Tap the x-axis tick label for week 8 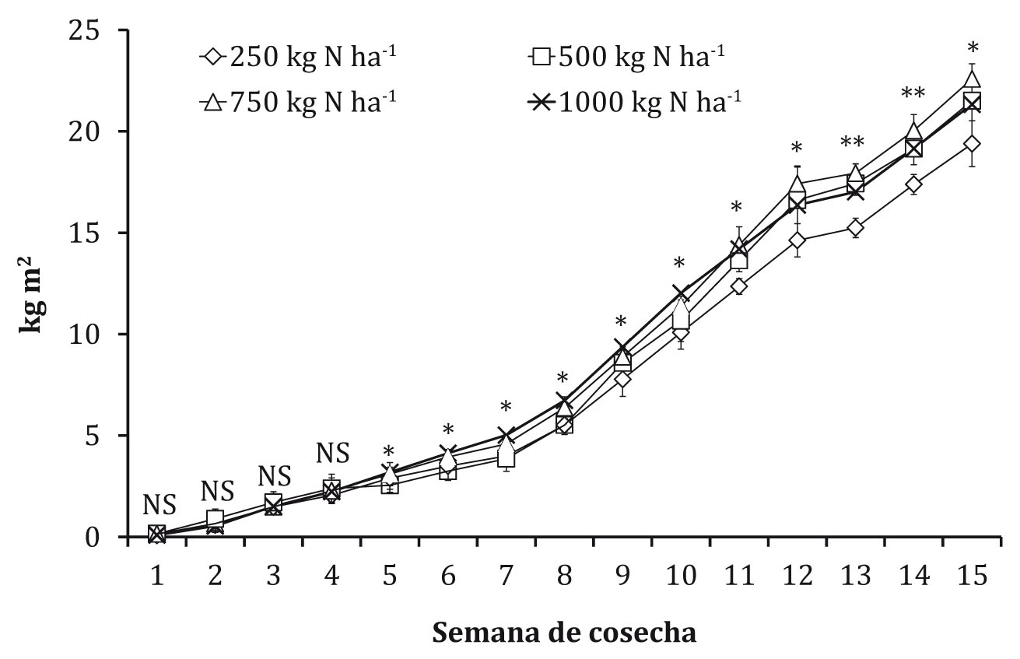(x=564, y=578)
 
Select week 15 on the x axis (x=971, y=578)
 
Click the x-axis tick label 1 (x=157, y=578)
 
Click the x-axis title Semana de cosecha (x=564, y=632)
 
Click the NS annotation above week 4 (x=332, y=452)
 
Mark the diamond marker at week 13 (x=855, y=228)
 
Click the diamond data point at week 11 (x=738, y=286)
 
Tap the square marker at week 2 (x=216, y=518)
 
